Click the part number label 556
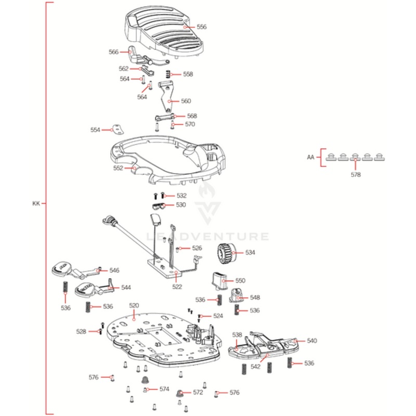coord(202,27)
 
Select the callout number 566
coord(113,51)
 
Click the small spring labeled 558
coord(168,74)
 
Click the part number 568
coord(192,116)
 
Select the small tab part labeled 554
coord(120,128)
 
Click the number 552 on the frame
coord(118,168)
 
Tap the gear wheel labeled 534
coord(225,253)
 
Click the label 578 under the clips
coord(356,175)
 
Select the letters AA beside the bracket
coord(311,157)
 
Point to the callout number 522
coord(177,287)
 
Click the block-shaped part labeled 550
coord(219,280)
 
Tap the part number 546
coord(114,270)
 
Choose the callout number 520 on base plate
coord(134,306)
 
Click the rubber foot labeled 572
coord(180,392)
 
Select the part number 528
coord(81,331)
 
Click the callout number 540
coord(311,341)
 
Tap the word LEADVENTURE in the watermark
coord(208,237)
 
